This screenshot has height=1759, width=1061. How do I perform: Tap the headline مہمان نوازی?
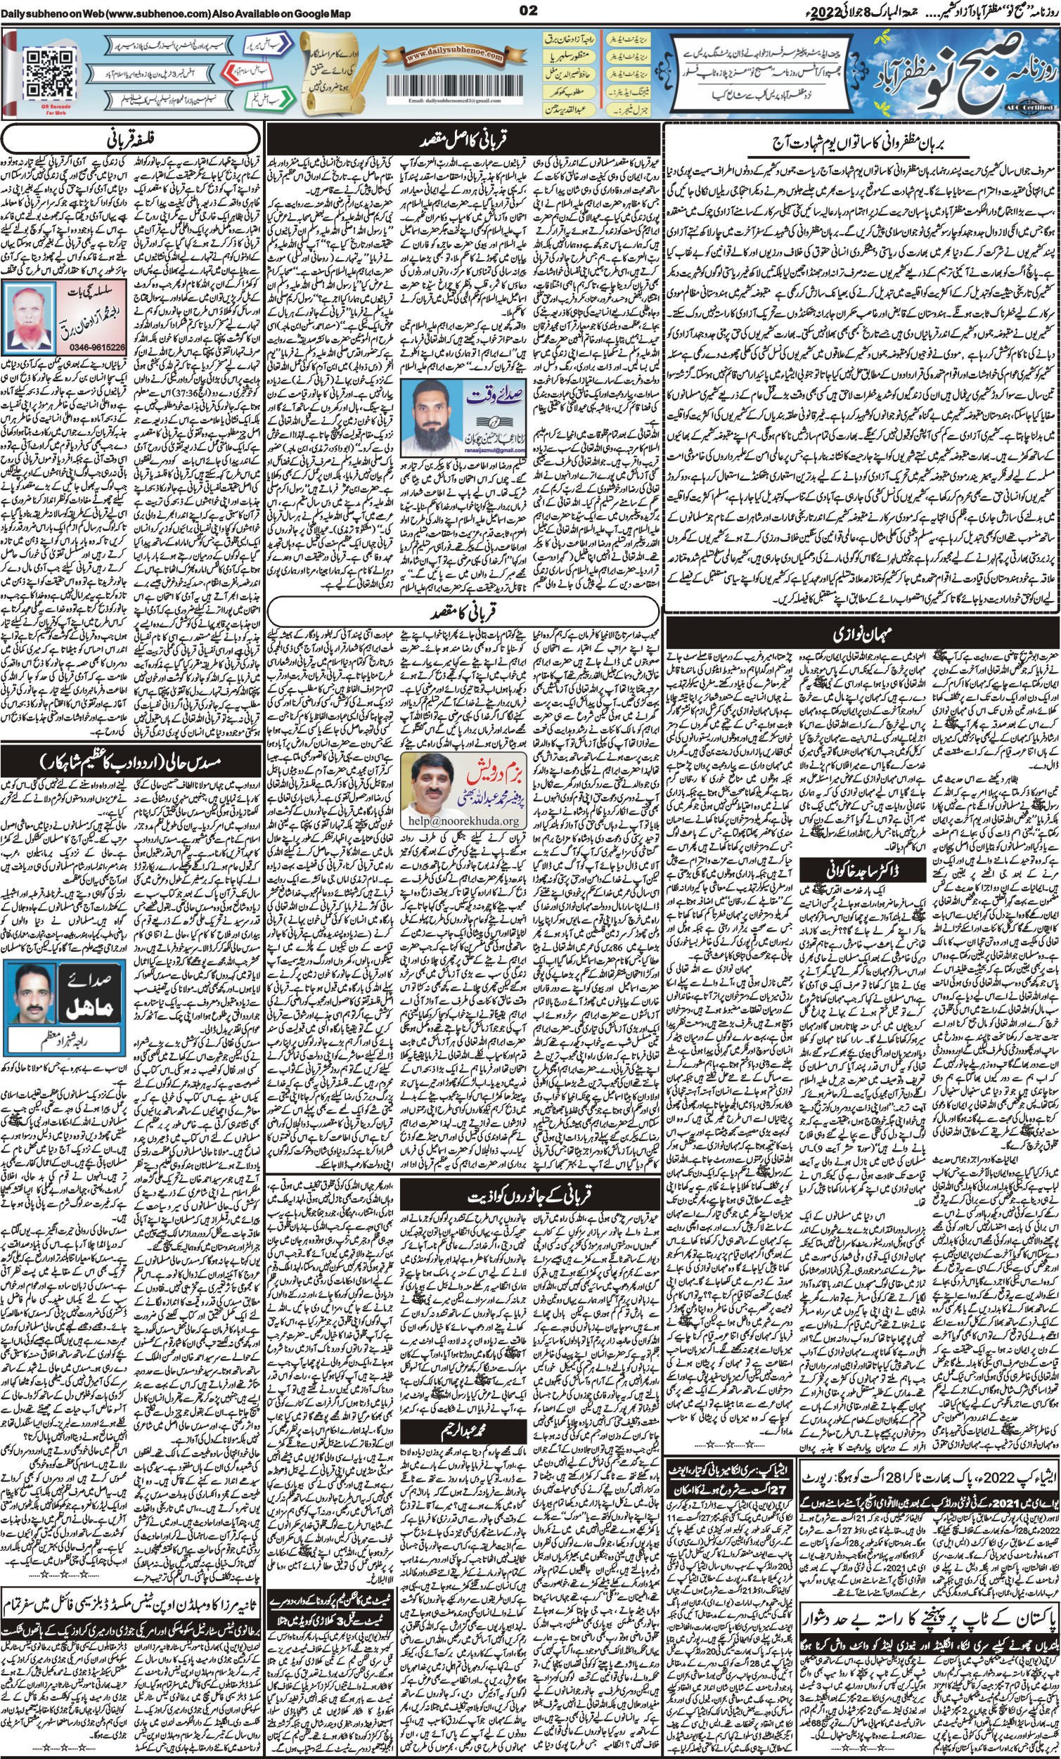pos(859,633)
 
